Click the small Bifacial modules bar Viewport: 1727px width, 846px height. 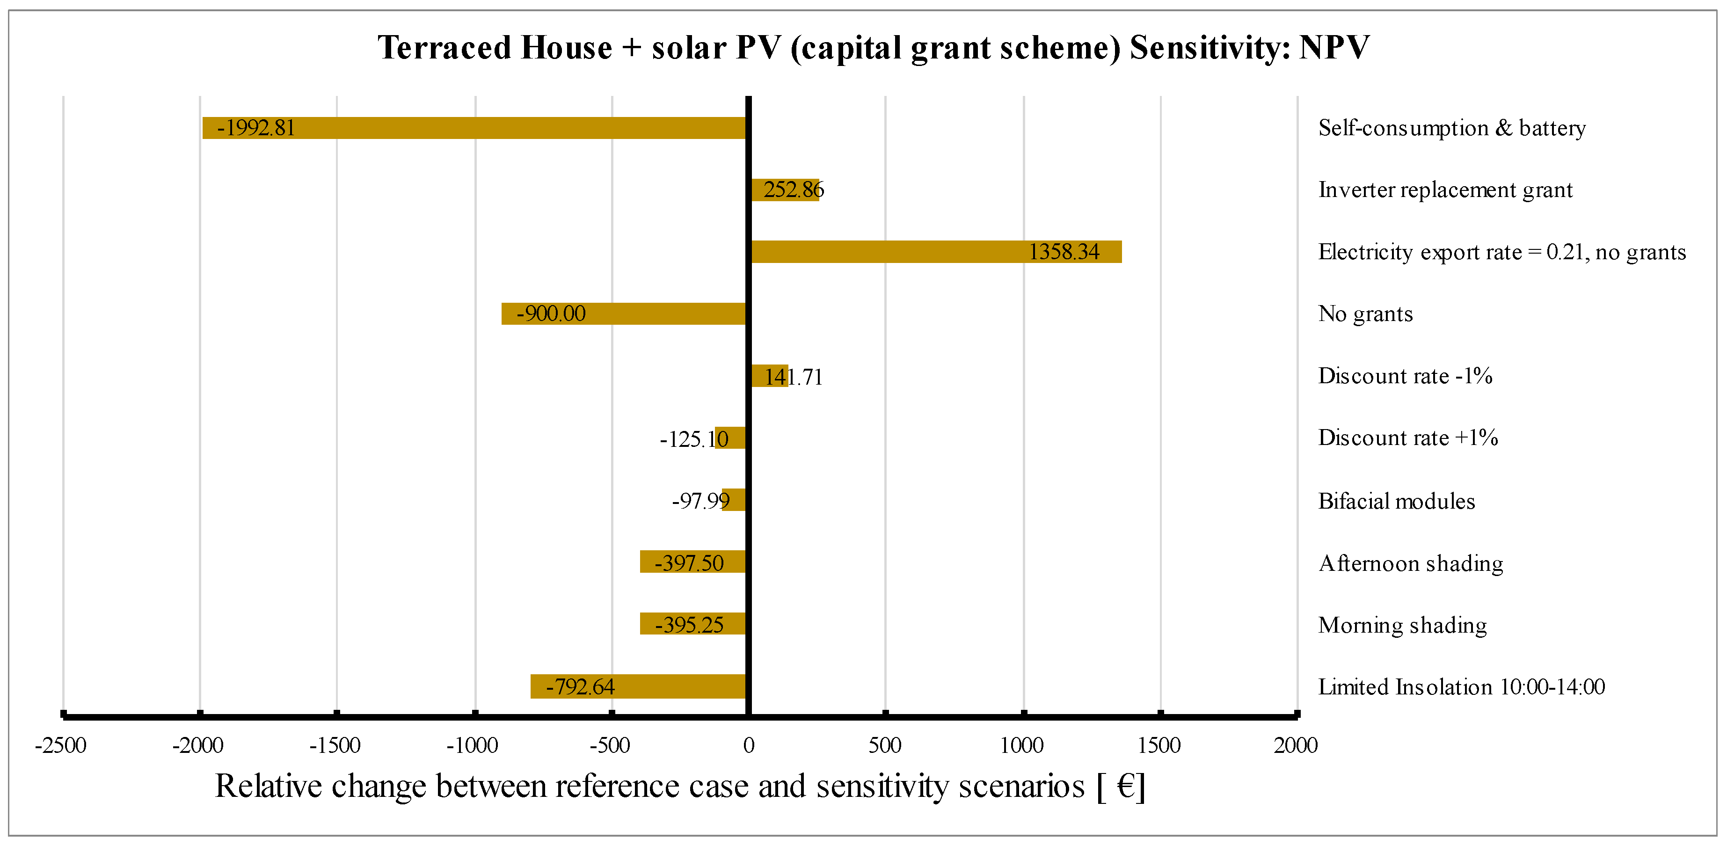pyautogui.click(x=735, y=500)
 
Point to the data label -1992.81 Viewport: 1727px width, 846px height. pyautogui.click(x=255, y=128)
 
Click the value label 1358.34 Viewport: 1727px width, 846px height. pyautogui.click(x=1064, y=252)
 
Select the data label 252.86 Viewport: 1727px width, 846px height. pyautogui.click(x=793, y=190)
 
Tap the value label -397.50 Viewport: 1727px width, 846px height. pyautogui.click(x=689, y=562)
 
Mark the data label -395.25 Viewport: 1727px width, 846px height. pyautogui.click(x=689, y=625)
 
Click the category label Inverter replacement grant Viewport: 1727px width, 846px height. pyautogui.click(x=1445, y=190)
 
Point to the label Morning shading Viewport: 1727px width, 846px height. pyautogui.click(x=1402, y=625)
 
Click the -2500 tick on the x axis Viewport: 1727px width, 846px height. pyautogui.click(x=61, y=745)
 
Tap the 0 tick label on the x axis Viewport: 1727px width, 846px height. pyautogui.click(x=748, y=745)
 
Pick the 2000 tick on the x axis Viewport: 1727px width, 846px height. pyautogui.click(x=1295, y=745)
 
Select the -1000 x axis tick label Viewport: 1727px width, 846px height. pyautogui.click(x=473, y=745)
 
